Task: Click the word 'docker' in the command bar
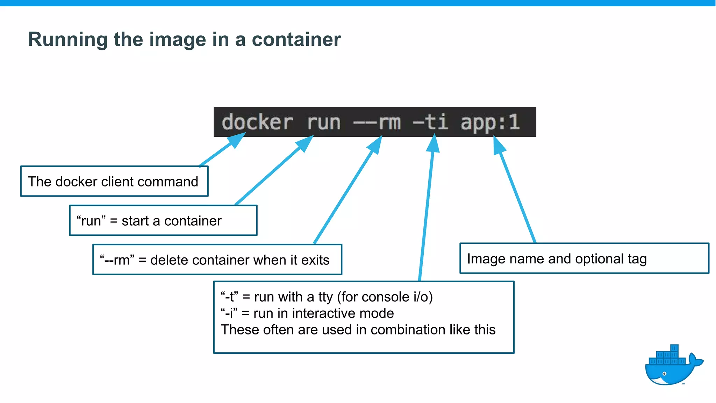pyautogui.click(x=257, y=122)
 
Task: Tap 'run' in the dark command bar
pyautogui.click(x=323, y=122)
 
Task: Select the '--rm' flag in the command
pyautogui.click(x=377, y=122)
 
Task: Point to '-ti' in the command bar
pyautogui.click(x=431, y=122)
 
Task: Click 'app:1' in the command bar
pyautogui.click(x=490, y=122)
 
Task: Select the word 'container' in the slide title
pyautogui.click(x=296, y=39)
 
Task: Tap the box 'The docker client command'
pyautogui.click(x=114, y=182)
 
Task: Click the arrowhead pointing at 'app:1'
pyautogui.click(x=498, y=144)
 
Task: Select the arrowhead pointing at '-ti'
pyautogui.click(x=433, y=143)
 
